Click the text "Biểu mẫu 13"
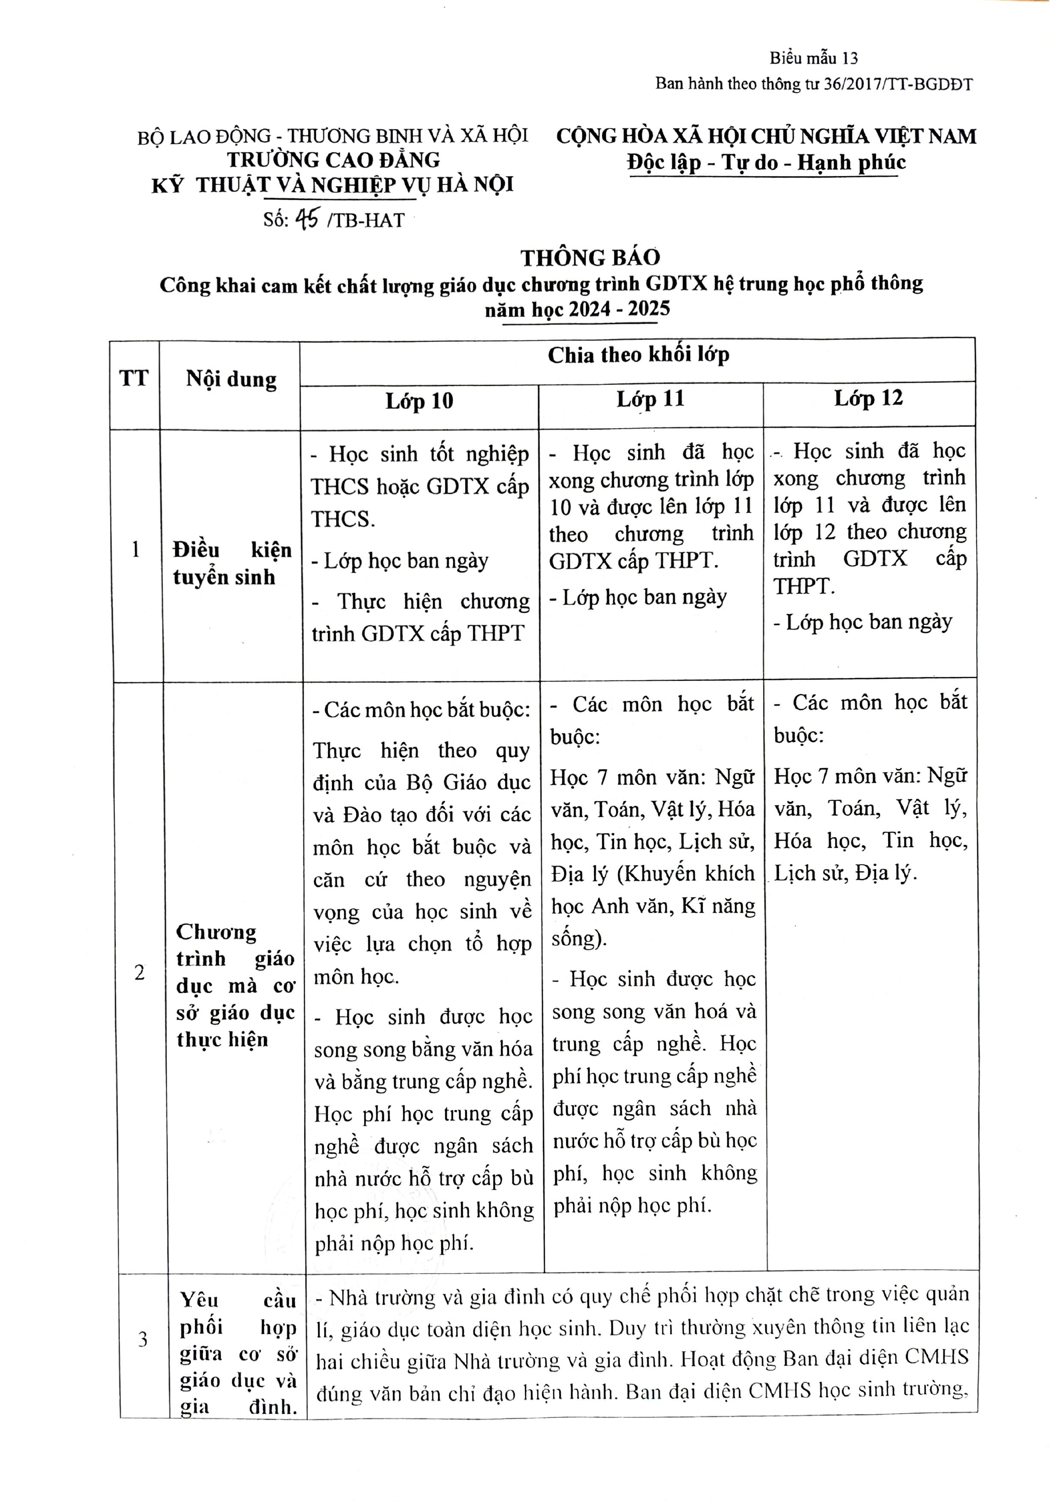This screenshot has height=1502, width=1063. pos(814,58)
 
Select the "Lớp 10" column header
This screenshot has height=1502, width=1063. pos(419,401)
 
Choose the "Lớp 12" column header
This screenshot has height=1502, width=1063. pos(868,398)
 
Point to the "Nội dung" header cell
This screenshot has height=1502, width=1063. pos(231,379)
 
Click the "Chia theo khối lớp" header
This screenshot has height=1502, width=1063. pos(638,355)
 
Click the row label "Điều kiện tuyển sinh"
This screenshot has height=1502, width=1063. pos(232,563)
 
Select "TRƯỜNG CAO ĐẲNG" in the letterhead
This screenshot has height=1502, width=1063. pos(333,160)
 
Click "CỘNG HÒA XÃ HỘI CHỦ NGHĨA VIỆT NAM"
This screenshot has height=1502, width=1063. pos(766,136)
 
